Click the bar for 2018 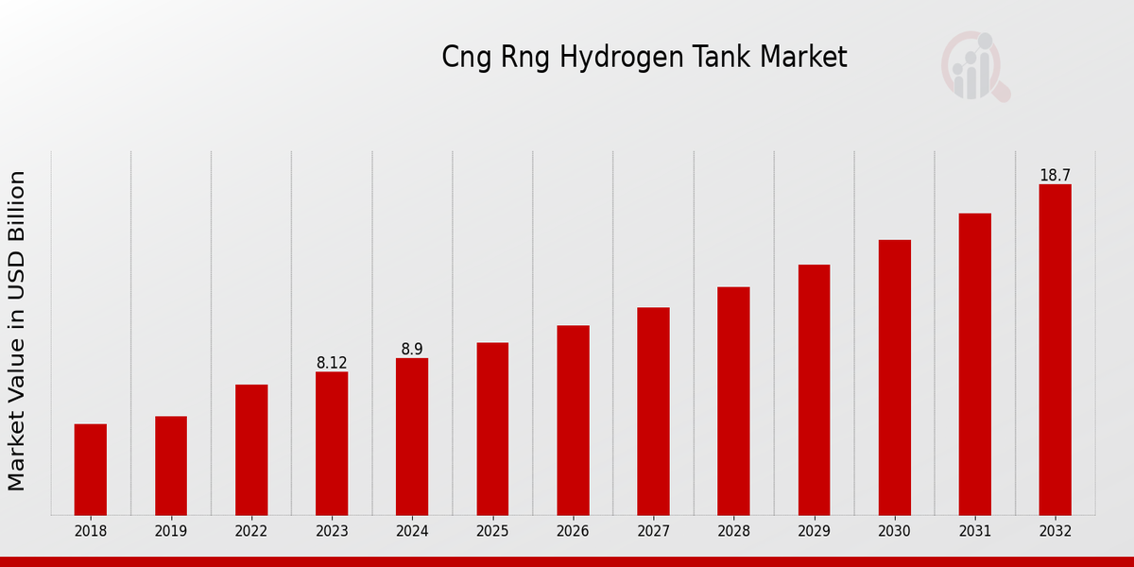pos(91,470)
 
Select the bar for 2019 pos(171,466)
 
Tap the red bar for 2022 pos(251,450)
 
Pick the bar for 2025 pos(492,429)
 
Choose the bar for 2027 pos(653,411)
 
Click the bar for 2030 pos(894,378)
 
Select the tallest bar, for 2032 pos(1055,350)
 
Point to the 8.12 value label pos(332,363)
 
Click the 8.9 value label pos(412,350)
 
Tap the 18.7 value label pos(1055,176)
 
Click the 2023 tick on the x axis pos(332,532)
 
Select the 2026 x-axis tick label pos(573,532)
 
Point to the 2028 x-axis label pos(733,532)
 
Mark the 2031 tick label pos(974,532)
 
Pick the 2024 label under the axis pos(412,532)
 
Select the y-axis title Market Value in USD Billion pos(17,331)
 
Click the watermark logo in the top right pos(974,66)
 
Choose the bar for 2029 pos(814,390)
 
